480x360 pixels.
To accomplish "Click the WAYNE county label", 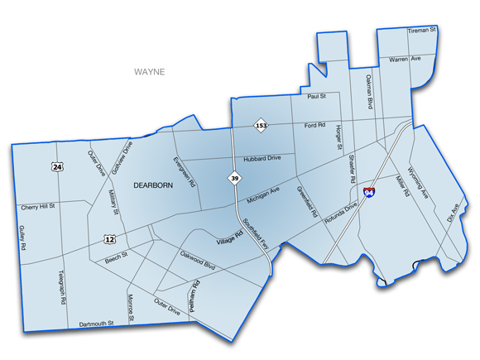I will tap(149, 72).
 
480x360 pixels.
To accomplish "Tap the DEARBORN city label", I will tap(153, 186).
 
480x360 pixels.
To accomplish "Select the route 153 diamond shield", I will tap(261, 126).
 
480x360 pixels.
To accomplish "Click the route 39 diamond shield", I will tap(235, 178).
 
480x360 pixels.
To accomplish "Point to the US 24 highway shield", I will tap(57, 167).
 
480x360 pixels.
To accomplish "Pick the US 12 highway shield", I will tap(110, 239).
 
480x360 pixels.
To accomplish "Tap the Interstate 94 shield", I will tap(370, 193).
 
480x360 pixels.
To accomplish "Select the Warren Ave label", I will tap(406, 59).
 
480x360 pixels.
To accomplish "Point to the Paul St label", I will tap(317, 97).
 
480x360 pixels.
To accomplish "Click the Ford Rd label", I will tap(314, 126).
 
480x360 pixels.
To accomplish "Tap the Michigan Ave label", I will tap(264, 195).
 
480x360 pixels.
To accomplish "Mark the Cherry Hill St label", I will tap(38, 206).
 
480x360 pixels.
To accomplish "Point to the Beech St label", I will tap(115, 257).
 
